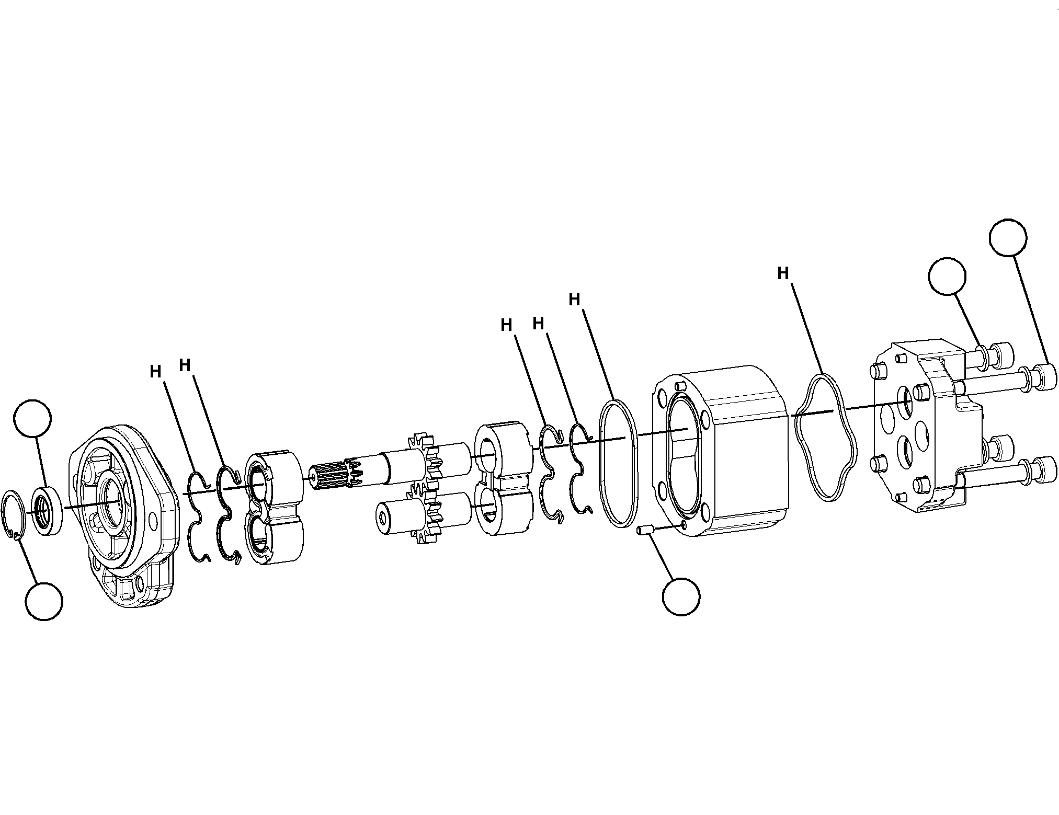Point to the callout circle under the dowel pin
pyautogui.click(x=681, y=596)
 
